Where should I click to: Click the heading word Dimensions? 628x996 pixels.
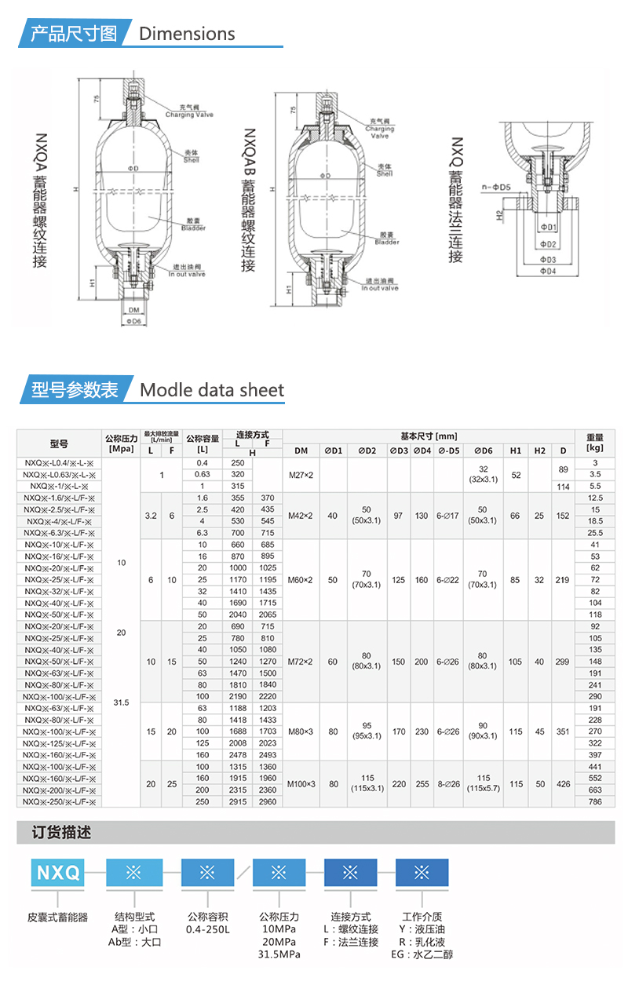pyautogui.click(x=187, y=34)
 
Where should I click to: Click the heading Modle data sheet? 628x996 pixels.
pyautogui.click(x=212, y=390)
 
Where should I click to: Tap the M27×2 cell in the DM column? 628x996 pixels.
pyautogui.click(x=301, y=475)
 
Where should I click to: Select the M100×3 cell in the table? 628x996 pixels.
pyautogui.click(x=301, y=783)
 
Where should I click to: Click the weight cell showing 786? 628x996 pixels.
pyautogui.click(x=595, y=802)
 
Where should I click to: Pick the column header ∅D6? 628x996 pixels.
pyautogui.click(x=483, y=451)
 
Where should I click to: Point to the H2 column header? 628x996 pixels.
pyautogui.click(x=539, y=451)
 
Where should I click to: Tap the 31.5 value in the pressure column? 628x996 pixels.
pyautogui.click(x=121, y=702)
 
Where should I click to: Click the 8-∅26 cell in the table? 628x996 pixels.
pyautogui.click(x=448, y=783)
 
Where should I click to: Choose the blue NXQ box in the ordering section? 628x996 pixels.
pyautogui.click(x=57, y=872)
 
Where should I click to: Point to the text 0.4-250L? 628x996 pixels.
pyautogui.click(x=207, y=929)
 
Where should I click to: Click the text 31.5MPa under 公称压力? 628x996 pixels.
pyautogui.click(x=279, y=954)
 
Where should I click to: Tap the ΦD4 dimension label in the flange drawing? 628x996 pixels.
pyautogui.click(x=547, y=271)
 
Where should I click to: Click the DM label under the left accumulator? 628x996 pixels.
pyautogui.click(x=133, y=309)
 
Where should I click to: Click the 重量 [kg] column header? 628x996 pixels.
pyautogui.click(x=595, y=442)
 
